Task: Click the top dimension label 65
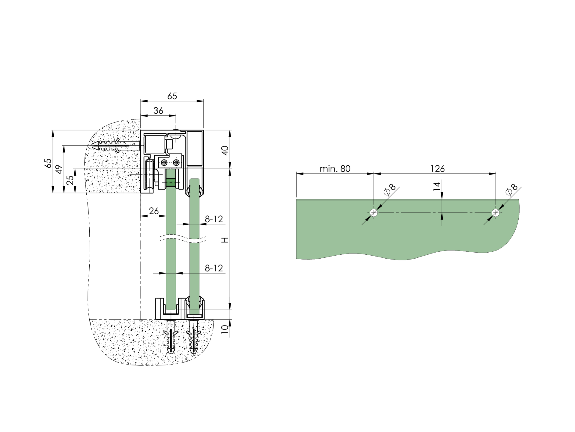point(172,96)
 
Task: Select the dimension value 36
point(158,111)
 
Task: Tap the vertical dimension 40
point(225,150)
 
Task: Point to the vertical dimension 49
point(59,169)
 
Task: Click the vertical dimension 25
point(70,180)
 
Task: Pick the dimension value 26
point(153,211)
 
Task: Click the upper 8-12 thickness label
point(214,219)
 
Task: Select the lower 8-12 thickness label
point(214,268)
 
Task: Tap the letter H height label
point(225,240)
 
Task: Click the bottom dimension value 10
point(225,329)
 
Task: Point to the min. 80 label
point(335,169)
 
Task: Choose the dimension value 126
point(437,169)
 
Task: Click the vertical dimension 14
point(437,186)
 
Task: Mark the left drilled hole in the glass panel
point(374,213)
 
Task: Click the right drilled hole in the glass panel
point(496,213)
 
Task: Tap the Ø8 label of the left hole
point(390,190)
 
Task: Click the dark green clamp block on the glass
point(171,182)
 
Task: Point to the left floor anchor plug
point(171,337)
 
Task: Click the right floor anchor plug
point(194,337)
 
